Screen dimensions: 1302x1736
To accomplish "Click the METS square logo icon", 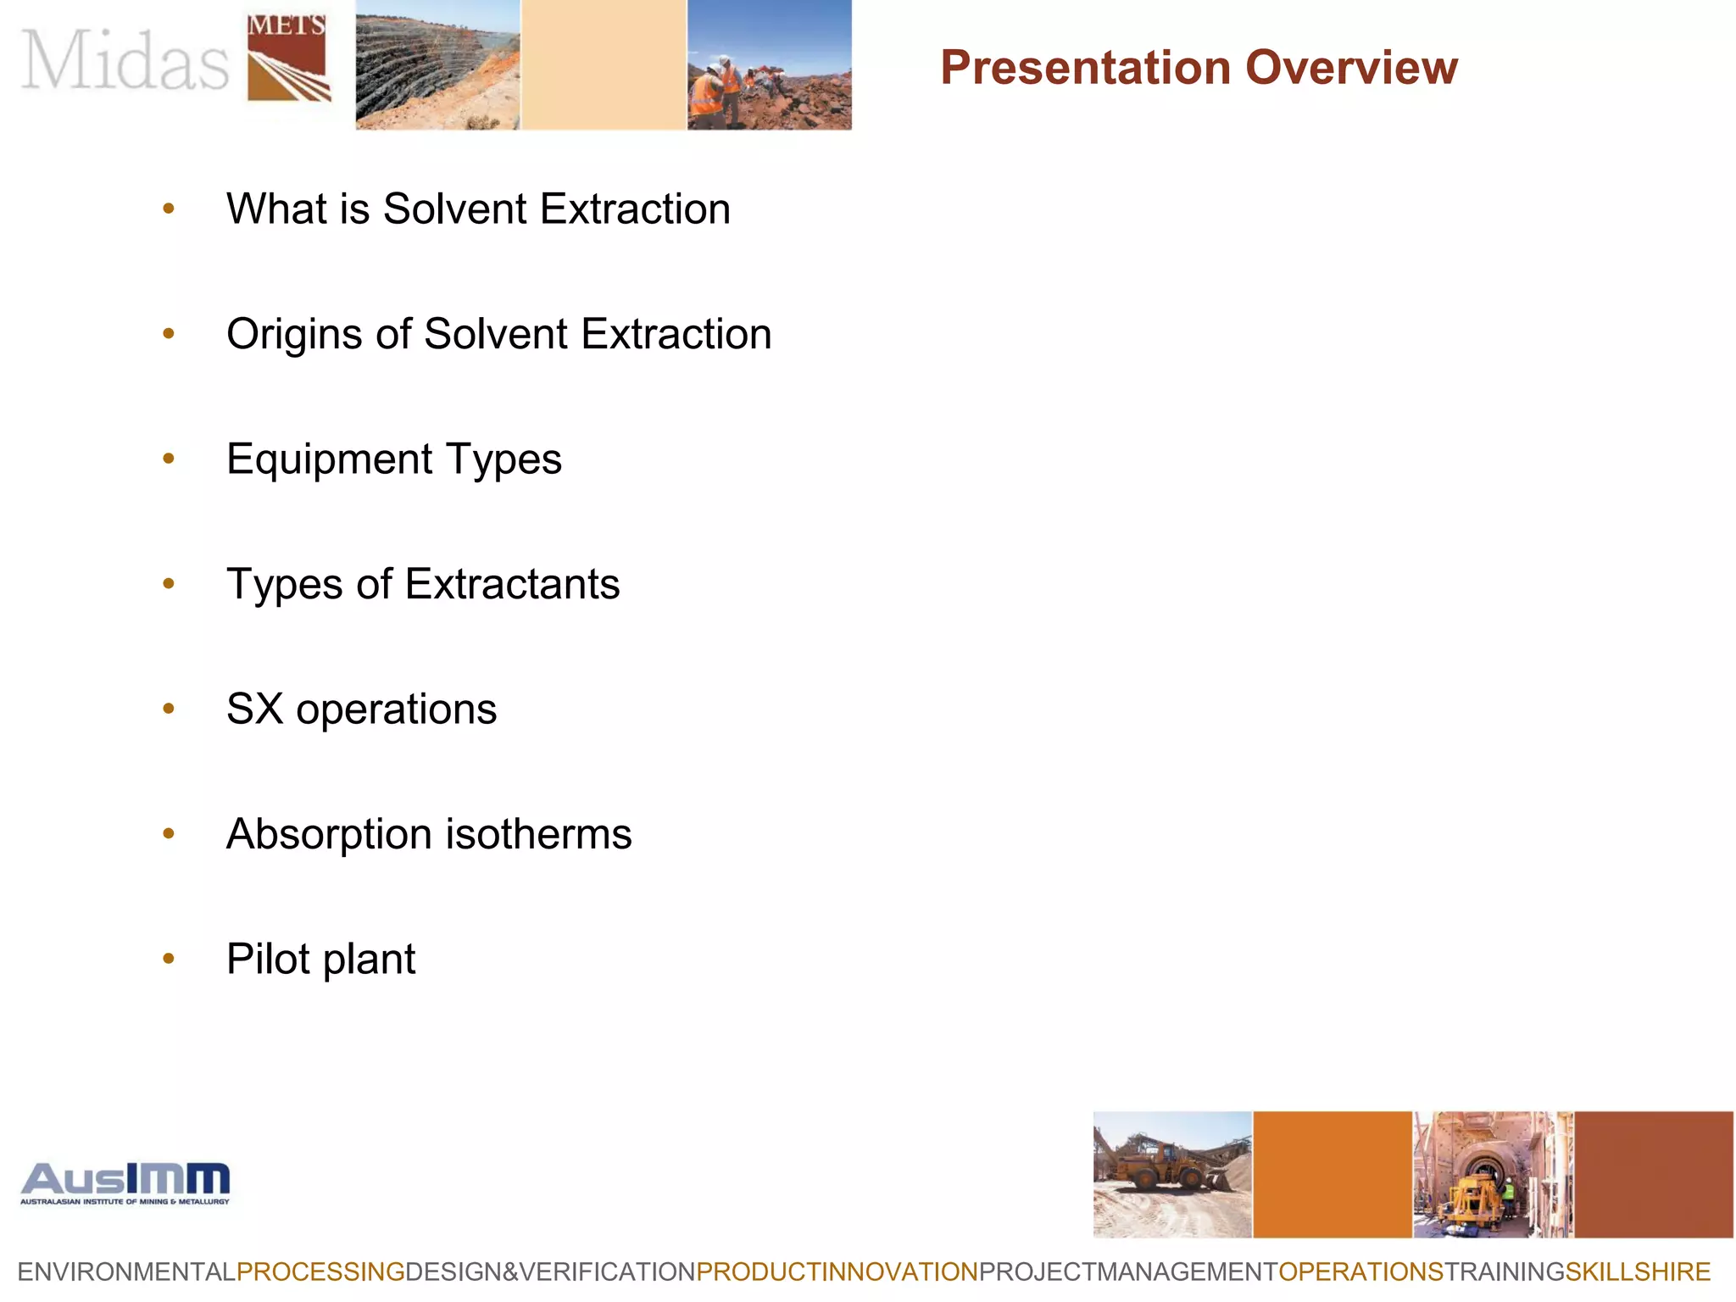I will pos(287,58).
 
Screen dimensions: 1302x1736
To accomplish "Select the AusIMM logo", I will pos(125,1182).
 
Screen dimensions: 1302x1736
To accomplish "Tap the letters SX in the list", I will pos(254,709).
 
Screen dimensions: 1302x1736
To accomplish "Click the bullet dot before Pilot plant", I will pos(169,959).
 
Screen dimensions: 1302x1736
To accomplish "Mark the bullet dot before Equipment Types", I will pos(169,459).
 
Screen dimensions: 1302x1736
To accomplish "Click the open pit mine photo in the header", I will pos(437,65).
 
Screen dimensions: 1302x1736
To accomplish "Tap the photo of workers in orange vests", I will pos(769,65).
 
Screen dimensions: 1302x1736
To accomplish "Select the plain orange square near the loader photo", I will pos(1332,1174).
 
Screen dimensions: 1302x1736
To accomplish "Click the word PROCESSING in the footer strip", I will pos(320,1271).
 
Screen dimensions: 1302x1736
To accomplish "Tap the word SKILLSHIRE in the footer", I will pos(1638,1271).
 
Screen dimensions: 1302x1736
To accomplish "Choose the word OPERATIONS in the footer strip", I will pos(1360,1271).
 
